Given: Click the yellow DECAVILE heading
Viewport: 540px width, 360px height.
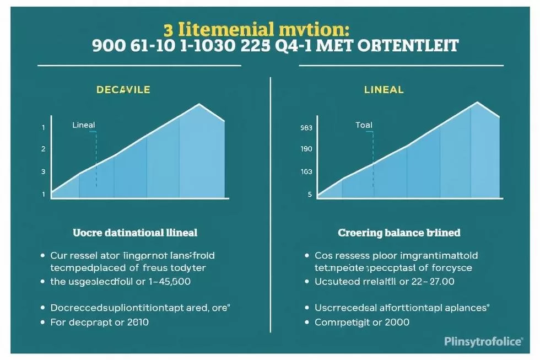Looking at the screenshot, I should click(x=122, y=89).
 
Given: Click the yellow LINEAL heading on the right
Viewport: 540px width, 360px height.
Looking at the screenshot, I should click(x=384, y=89).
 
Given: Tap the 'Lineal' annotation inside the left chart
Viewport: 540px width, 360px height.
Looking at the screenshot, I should click(x=83, y=126).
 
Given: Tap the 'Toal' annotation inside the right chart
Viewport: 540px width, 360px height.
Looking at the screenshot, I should click(x=364, y=125).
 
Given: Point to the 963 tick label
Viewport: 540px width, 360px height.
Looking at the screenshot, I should click(x=306, y=128).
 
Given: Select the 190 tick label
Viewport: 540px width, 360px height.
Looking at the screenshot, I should click(x=306, y=149).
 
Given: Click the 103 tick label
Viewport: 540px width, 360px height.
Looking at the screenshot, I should click(x=306, y=171).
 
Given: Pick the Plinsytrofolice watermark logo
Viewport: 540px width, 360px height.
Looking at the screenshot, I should click(x=483, y=342).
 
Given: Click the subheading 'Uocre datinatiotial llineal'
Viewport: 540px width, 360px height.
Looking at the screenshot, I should click(x=135, y=233).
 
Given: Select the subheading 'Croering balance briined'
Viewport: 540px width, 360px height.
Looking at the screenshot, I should click(x=399, y=233).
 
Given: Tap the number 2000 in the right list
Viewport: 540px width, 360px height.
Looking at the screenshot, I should click(x=394, y=321).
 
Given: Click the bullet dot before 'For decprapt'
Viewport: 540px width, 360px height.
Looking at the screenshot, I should click(x=43, y=321).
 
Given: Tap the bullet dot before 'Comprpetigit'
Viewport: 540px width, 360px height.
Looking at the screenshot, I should click(x=307, y=321).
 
